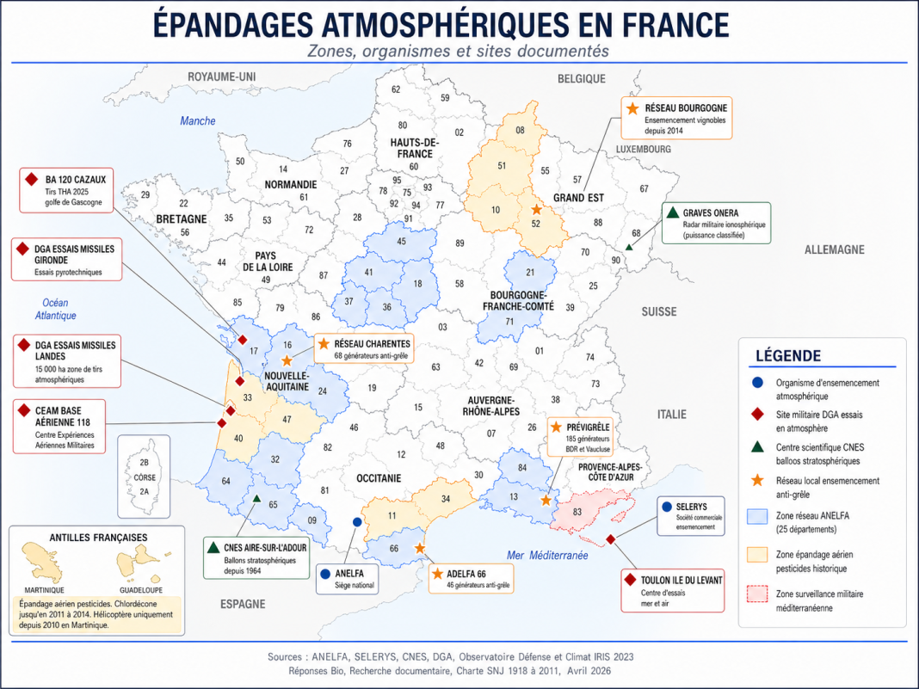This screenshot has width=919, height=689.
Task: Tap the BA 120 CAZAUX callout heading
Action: pyautogui.click(x=76, y=179)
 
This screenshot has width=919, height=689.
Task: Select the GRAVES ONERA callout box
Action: pyautogui.click(x=716, y=223)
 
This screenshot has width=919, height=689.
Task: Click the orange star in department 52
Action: pyautogui.click(x=536, y=209)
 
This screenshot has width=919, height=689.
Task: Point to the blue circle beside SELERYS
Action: pyautogui.click(x=666, y=507)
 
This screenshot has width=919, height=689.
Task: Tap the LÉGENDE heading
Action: pyautogui.click(x=787, y=356)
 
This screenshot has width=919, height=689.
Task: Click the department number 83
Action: pyautogui.click(x=577, y=513)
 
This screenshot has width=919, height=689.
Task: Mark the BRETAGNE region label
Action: pyautogui.click(x=182, y=219)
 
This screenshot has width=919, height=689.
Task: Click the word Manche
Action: pyautogui.click(x=197, y=121)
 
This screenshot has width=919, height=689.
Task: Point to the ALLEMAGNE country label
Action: pyautogui.click(x=834, y=249)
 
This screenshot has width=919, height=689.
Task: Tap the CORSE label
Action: pyautogui.click(x=145, y=477)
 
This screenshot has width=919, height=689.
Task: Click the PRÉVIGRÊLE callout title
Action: pyautogui.click(x=589, y=427)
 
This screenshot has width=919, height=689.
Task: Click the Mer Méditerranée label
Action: pyautogui.click(x=547, y=556)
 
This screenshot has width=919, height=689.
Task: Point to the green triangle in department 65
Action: pyautogui.click(x=257, y=498)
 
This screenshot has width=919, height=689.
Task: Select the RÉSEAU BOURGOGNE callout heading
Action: pyautogui.click(x=686, y=108)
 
